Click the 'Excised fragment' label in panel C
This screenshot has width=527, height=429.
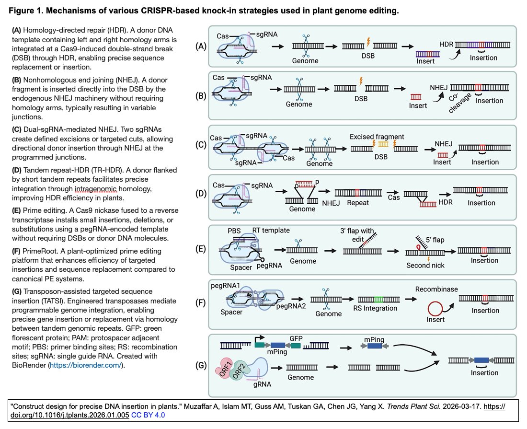pos(377,137)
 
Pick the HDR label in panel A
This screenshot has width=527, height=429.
pos(446,44)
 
